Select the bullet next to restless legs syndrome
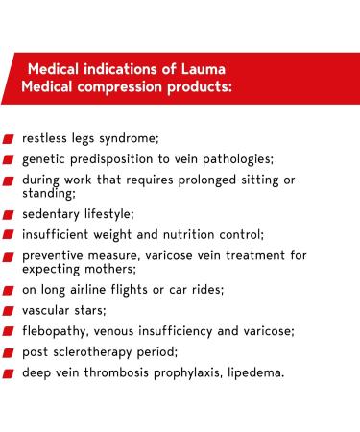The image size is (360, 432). point(9,138)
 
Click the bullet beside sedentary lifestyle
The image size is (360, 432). point(9,214)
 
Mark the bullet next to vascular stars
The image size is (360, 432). point(9,311)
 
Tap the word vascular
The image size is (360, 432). point(52,311)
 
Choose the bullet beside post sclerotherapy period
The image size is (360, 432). point(9,352)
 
